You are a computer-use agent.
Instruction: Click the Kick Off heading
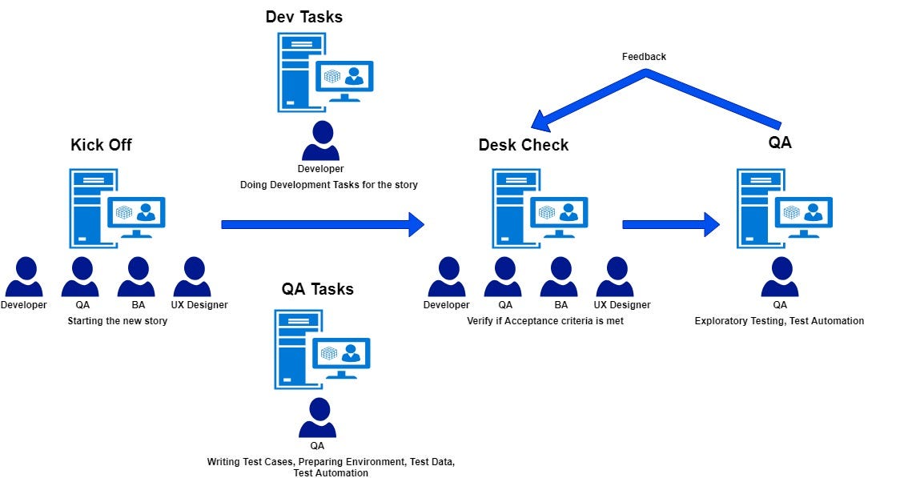pos(101,145)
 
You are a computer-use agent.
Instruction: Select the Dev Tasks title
pos(303,17)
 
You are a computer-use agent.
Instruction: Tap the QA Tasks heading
pos(317,289)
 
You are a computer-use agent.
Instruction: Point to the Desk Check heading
pos(524,145)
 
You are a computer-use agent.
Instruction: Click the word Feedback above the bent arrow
pos(644,57)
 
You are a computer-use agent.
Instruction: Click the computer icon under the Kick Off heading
pos(117,207)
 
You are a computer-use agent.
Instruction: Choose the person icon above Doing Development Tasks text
pos(320,141)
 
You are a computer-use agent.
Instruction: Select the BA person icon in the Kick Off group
pos(136,277)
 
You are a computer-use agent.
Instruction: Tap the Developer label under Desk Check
pos(446,305)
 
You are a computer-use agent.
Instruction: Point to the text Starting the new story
pos(117,321)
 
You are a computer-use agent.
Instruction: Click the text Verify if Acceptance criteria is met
pos(544,321)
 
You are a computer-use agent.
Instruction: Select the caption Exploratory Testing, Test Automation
pos(779,321)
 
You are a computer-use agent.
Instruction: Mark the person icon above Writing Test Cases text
pos(317,418)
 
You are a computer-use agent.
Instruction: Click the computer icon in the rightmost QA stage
pos(784,207)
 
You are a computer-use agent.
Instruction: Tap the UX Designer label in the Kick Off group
pos(199,305)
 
